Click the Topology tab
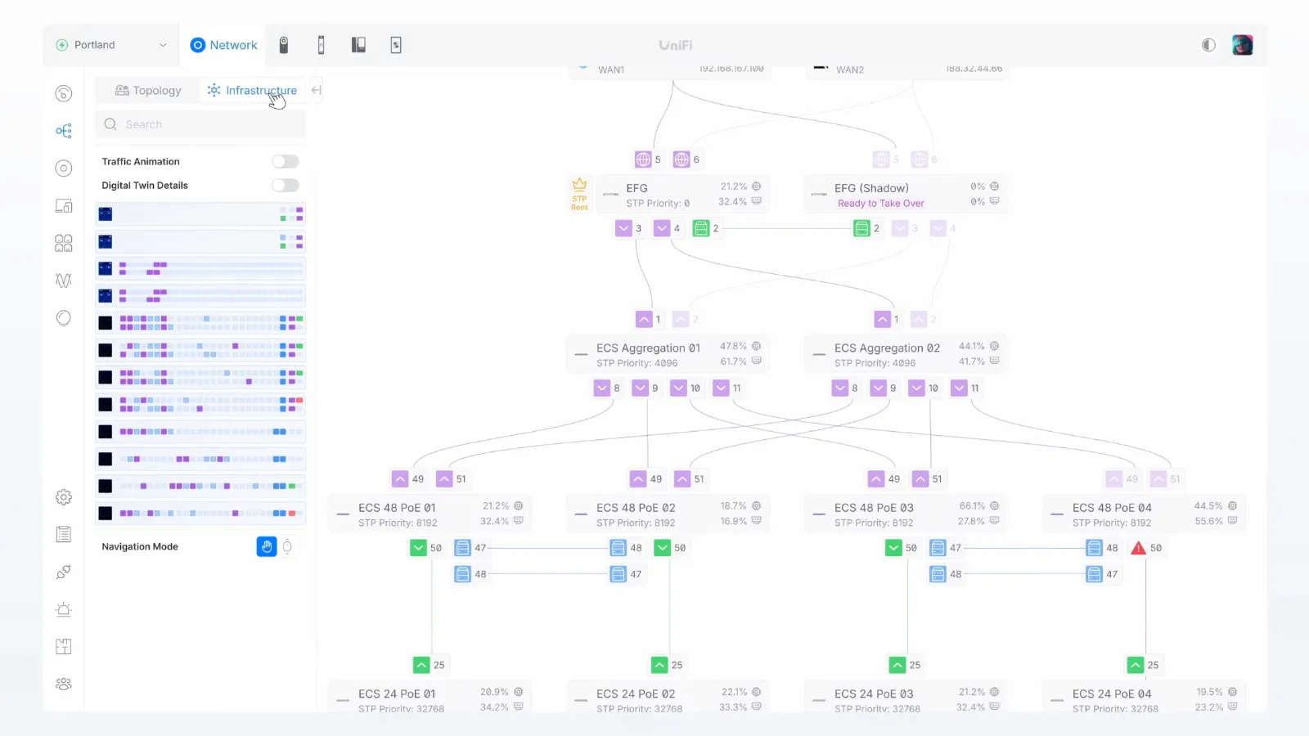pyautogui.click(x=148, y=91)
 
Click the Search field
pyautogui.click(x=200, y=124)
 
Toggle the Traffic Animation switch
pyautogui.click(x=286, y=162)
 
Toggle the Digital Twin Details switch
pyautogui.click(x=286, y=186)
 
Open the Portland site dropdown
pyautogui.click(x=111, y=45)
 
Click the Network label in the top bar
pyautogui.click(x=233, y=45)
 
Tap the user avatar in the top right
pyautogui.click(x=1242, y=45)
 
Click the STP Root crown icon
pyautogui.click(x=579, y=185)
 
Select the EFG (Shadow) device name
pyautogui.click(x=871, y=188)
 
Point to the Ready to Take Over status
pyautogui.click(x=880, y=204)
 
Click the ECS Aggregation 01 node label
pyautogui.click(x=648, y=348)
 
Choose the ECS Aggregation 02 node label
pyautogui.click(x=887, y=348)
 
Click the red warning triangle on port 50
pyautogui.click(x=1138, y=548)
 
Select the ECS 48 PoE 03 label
pyautogui.click(x=874, y=508)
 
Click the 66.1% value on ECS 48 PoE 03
pyautogui.click(x=972, y=506)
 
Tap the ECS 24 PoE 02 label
pyautogui.click(x=636, y=693)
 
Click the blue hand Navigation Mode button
pyautogui.click(x=267, y=546)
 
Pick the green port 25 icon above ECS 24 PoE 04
pyautogui.click(x=1136, y=665)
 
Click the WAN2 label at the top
pyautogui.click(x=850, y=70)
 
